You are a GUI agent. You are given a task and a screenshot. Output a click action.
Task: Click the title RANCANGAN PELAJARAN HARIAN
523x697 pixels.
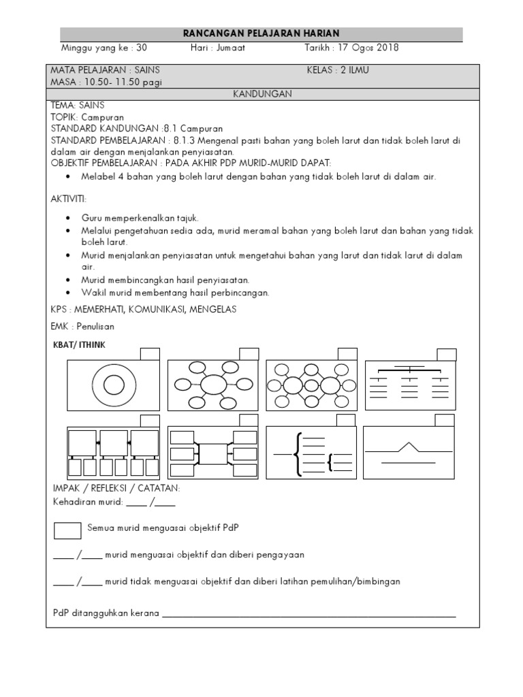(x=261, y=34)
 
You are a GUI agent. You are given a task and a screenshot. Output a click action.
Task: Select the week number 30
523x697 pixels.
(x=142, y=48)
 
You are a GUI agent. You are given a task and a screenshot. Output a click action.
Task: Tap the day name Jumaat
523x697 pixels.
(x=231, y=48)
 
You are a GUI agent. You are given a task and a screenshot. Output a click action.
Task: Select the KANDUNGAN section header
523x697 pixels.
(x=262, y=95)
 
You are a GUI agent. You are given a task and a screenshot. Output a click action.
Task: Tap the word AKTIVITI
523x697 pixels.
(x=69, y=198)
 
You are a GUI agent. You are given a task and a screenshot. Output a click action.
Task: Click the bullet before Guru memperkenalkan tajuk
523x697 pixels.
(x=69, y=218)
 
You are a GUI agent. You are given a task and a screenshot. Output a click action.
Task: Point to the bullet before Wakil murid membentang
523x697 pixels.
(x=69, y=293)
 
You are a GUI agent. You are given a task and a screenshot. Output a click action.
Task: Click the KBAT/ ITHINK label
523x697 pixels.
(x=79, y=345)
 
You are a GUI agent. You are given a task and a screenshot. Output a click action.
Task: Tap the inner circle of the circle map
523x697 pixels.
(x=112, y=384)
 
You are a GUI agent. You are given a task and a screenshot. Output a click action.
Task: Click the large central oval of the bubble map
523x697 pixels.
(x=212, y=385)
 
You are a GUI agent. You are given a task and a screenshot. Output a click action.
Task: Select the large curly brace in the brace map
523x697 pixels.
(x=297, y=453)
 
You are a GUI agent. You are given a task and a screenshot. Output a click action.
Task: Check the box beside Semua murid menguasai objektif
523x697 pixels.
(x=67, y=530)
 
